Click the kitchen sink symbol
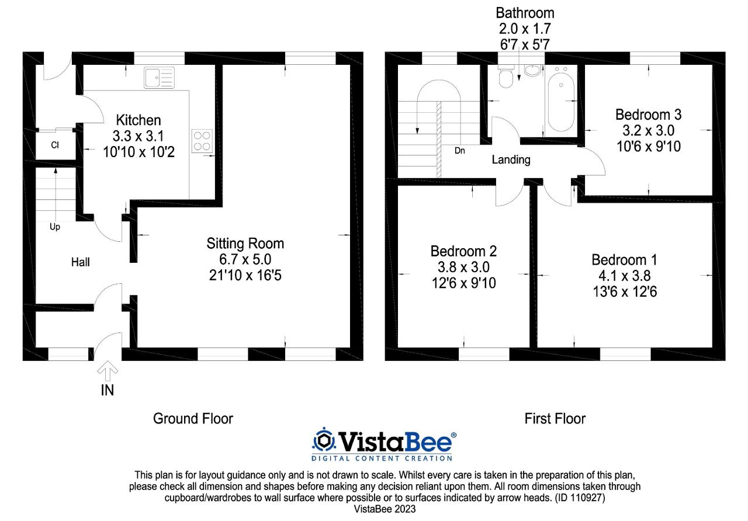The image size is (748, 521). [x=159, y=77]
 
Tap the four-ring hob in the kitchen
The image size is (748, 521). [x=201, y=140]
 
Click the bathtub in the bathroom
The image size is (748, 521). [x=560, y=99]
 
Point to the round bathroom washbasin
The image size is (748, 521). [x=533, y=71]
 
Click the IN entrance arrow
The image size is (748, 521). [x=108, y=370]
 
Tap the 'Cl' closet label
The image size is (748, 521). [x=54, y=145]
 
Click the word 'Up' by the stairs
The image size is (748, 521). [x=54, y=227]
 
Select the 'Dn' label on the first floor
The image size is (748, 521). [x=460, y=150]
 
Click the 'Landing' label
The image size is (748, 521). [x=511, y=159]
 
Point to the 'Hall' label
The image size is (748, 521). [x=80, y=262]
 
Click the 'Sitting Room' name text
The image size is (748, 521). [x=245, y=243]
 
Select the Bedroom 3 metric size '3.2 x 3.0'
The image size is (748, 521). [x=648, y=130]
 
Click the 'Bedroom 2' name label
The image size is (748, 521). [x=463, y=251]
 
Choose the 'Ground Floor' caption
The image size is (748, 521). [x=193, y=419]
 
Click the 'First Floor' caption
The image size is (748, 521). [x=555, y=419]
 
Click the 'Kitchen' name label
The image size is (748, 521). [x=138, y=120]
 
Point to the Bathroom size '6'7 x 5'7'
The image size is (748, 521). [x=525, y=44]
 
